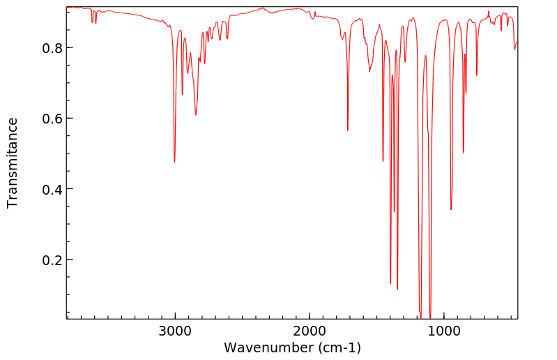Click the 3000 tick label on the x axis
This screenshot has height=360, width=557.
pyautogui.click(x=174, y=331)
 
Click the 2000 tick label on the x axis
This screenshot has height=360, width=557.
pyautogui.click(x=309, y=331)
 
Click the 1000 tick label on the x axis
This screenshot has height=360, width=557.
pyautogui.click(x=443, y=331)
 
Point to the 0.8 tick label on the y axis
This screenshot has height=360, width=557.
pyautogui.click(x=52, y=48)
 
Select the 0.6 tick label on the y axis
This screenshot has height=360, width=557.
pyautogui.click(x=52, y=119)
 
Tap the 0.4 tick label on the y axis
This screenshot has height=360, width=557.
pyautogui.click(x=52, y=189)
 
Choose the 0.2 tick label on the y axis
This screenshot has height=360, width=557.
pyautogui.click(x=52, y=260)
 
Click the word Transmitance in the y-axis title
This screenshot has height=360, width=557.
pyautogui.click(x=13, y=163)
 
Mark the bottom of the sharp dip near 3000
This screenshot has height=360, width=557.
pyautogui.click(x=174, y=162)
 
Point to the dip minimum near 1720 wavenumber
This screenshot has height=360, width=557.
pyautogui.click(x=347, y=130)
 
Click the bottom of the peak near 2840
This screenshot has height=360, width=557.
pyautogui.click(x=196, y=115)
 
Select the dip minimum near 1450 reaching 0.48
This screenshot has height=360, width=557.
pyautogui.click(x=383, y=161)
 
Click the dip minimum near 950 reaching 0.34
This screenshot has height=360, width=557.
pyautogui.click(x=451, y=209)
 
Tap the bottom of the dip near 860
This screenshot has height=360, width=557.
pyautogui.click(x=463, y=152)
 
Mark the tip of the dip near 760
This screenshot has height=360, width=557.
pyautogui.click(x=477, y=75)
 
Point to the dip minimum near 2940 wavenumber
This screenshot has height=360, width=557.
pyautogui.click(x=183, y=94)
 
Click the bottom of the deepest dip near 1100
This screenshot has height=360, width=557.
pyautogui.click(x=430, y=317)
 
